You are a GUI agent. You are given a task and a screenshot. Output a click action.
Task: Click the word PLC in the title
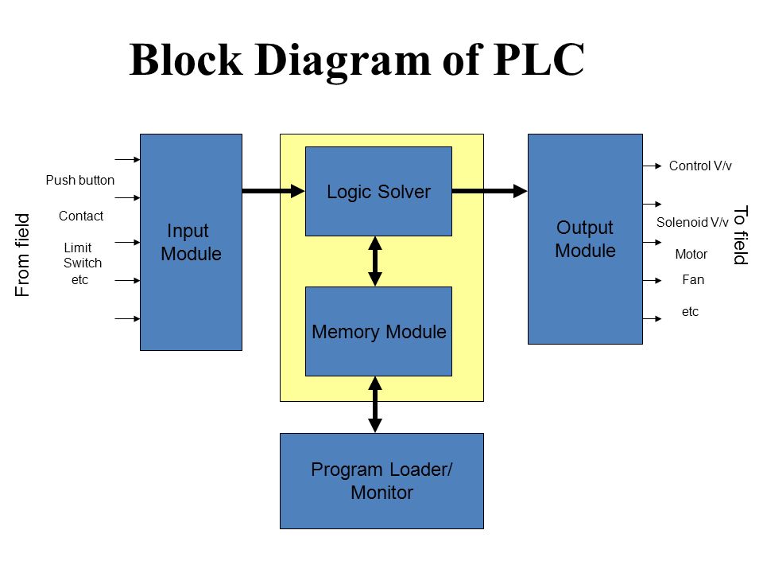pos(538,60)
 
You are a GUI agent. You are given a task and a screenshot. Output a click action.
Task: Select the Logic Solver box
pos(378,192)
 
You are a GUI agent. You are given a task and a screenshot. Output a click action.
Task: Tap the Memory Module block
pos(378,331)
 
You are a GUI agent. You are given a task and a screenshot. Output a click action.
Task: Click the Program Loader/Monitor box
pos(382,481)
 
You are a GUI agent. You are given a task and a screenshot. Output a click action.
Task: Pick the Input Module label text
pos(191,242)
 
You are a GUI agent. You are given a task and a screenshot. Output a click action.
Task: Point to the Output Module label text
pos(586,239)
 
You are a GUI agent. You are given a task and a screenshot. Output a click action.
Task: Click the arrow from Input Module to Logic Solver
pos(273,191)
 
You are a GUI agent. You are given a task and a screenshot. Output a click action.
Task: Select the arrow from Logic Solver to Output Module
pos(490,191)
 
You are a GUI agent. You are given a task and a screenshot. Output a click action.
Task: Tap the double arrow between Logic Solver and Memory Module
pos(374,261)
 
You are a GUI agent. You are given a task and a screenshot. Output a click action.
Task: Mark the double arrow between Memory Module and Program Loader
pos(374,404)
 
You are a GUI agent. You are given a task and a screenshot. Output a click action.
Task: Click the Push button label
pos(79,181)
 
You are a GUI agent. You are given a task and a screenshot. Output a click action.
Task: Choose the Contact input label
pos(81,216)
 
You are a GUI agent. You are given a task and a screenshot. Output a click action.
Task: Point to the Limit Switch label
pos(82,255)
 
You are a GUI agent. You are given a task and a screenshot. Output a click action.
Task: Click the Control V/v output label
pos(700,166)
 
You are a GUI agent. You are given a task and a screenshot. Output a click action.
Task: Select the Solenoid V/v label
pos(692,223)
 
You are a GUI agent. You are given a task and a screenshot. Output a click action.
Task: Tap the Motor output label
pos(691,255)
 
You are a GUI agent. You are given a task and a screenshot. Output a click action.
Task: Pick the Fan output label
pos(693,279)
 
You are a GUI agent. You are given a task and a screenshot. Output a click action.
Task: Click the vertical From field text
pos(22,255)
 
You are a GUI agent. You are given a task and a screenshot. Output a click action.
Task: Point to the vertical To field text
pos(741,236)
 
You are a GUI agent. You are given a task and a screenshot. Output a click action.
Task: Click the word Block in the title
pos(186,60)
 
